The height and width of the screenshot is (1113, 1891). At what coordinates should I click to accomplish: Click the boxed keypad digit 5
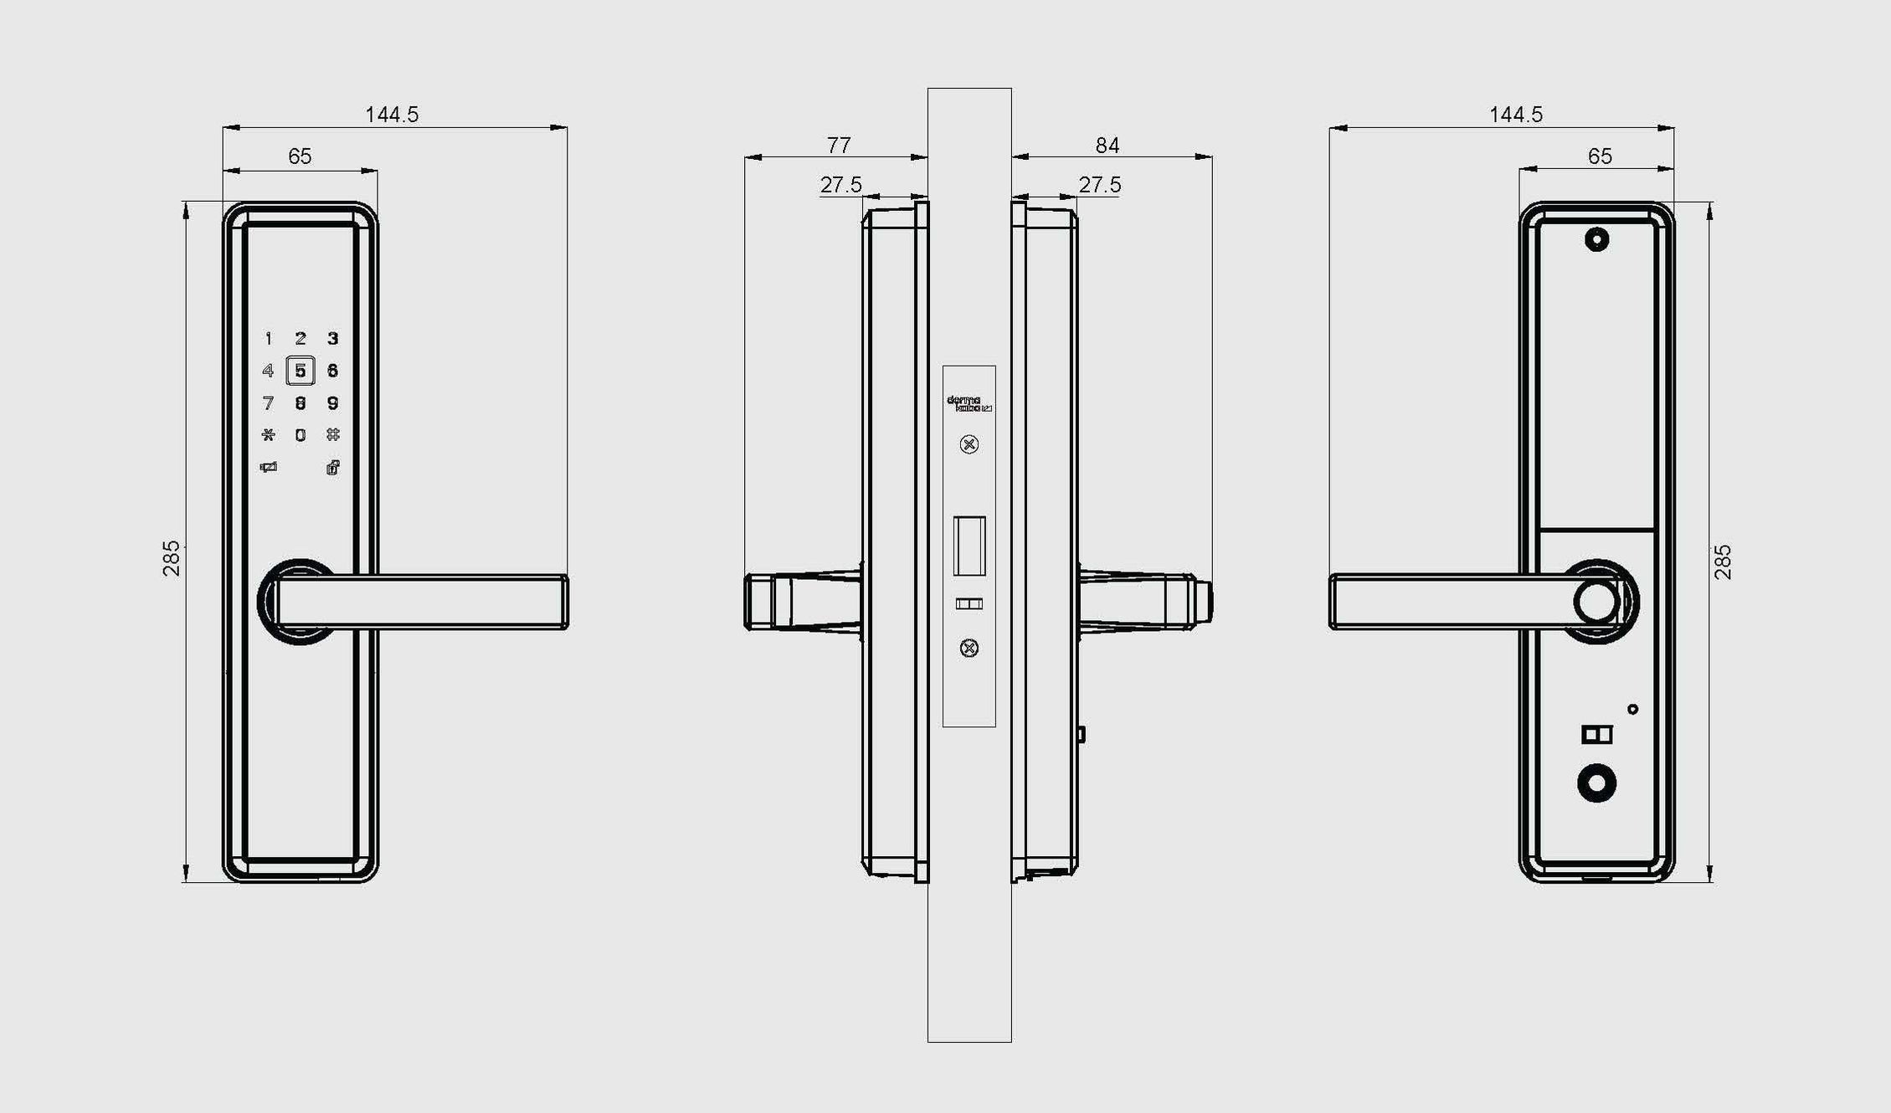click(301, 371)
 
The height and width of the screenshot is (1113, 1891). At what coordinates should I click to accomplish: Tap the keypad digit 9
click(332, 403)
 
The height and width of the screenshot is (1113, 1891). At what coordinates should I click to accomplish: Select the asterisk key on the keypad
click(268, 435)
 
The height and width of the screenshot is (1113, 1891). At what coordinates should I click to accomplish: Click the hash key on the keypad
click(332, 435)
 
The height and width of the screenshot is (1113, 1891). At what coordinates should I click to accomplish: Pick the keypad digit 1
click(268, 339)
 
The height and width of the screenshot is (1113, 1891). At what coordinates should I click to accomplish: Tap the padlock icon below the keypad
click(332, 468)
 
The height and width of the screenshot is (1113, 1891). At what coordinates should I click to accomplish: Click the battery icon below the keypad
click(268, 468)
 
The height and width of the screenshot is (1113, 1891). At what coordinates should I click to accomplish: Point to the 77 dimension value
click(839, 146)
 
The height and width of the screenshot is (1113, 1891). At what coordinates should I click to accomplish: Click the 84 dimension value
click(1107, 146)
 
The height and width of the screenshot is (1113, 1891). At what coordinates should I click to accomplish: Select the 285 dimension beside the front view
click(172, 558)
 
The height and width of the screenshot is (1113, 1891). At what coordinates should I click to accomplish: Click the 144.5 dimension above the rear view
click(1515, 115)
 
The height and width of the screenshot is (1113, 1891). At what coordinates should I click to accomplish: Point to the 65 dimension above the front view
click(300, 156)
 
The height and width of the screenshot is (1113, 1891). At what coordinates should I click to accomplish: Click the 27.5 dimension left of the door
click(840, 185)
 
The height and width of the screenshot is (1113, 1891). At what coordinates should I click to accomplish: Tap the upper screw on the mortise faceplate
click(969, 444)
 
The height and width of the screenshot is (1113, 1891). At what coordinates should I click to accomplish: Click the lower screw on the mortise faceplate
click(969, 648)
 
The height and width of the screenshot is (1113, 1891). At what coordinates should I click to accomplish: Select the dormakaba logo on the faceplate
click(969, 404)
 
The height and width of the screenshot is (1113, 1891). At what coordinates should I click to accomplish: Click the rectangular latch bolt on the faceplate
click(969, 546)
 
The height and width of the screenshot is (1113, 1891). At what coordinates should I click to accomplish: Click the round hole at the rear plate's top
click(1596, 240)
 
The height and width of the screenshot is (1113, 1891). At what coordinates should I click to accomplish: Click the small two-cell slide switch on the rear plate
click(1596, 735)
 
